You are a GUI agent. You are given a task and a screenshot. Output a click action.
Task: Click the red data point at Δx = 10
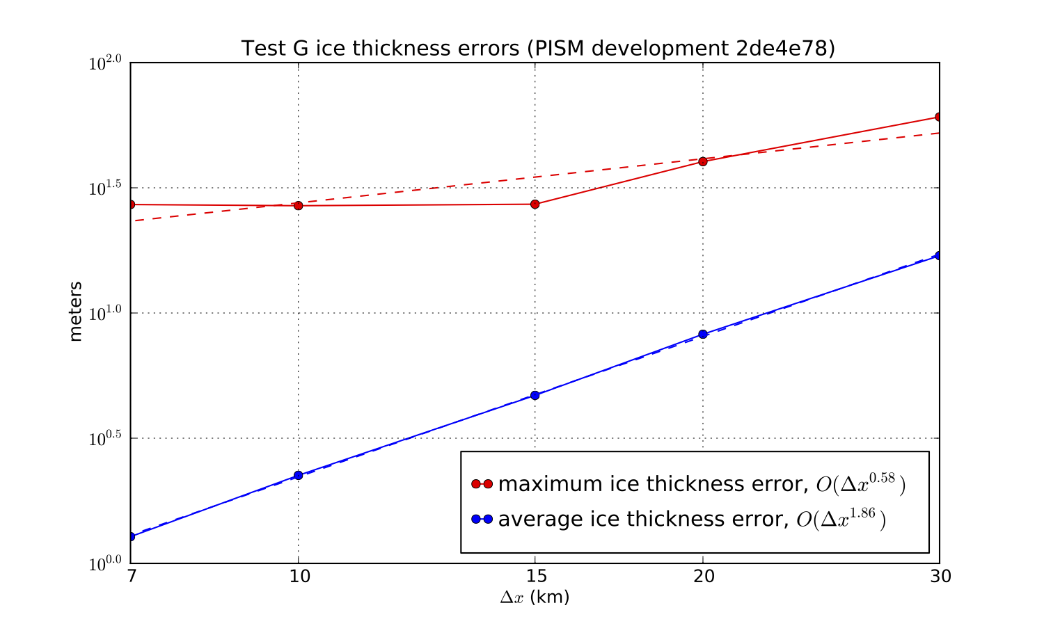[x=299, y=206]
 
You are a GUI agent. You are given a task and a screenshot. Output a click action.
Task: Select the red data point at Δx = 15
[x=535, y=204]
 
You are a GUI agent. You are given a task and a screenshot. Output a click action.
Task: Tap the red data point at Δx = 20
[x=703, y=161]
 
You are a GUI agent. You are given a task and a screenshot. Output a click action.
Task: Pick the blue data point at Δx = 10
[x=299, y=476]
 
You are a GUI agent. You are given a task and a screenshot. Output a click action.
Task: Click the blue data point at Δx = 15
[x=535, y=395]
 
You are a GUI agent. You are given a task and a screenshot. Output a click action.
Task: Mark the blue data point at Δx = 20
[x=703, y=335]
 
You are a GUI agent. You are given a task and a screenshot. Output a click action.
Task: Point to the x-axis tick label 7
[x=130, y=577]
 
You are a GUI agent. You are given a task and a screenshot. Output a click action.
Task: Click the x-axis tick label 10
[x=299, y=577]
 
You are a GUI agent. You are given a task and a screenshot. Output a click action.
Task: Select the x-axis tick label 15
[x=535, y=577]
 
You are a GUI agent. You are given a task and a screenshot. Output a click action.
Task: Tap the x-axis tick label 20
[x=703, y=577]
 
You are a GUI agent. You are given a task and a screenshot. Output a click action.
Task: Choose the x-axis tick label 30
[x=940, y=577]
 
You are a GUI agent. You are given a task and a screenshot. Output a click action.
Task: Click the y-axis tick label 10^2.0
[x=106, y=64]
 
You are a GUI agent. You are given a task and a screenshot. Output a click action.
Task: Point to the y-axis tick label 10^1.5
[x=106, y=188]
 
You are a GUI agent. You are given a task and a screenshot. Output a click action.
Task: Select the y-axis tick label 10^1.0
[x=106, y=314]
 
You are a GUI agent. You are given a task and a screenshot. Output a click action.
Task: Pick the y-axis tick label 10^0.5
[x=106, y=439]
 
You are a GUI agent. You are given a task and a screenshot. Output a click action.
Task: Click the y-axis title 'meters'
[x=76, y=311]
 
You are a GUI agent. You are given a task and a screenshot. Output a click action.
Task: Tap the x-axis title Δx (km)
[x=535, y=597]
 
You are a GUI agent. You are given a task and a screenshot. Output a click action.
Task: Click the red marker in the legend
[x=482, y=484]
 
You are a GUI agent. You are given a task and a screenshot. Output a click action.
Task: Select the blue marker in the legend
[x=482, y=520]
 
